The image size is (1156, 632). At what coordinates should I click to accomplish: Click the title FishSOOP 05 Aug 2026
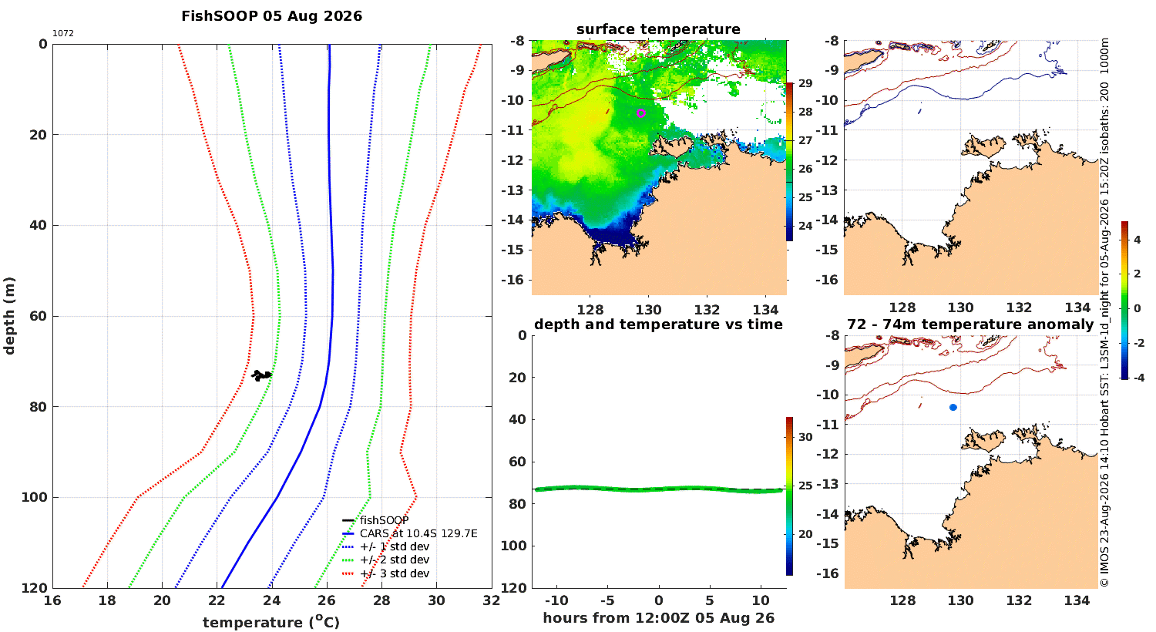[271, 16]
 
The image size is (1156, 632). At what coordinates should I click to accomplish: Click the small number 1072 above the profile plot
[63, 34]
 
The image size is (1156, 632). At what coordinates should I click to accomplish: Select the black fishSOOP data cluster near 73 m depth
[261, 375]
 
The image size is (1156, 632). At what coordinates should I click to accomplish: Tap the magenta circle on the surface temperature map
[641, 113]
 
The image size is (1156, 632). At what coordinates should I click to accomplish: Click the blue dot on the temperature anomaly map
[953, 408]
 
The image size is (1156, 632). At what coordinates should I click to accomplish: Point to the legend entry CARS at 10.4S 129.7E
[418, 533]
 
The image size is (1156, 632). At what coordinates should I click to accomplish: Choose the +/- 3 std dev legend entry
[395, 573]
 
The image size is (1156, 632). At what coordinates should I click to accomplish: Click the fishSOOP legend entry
[384, 520]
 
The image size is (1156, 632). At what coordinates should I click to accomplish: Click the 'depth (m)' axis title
[8, 316]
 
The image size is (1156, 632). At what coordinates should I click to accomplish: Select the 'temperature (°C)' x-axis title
[271, 622]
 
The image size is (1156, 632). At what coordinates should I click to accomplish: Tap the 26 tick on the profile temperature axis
[327, 600]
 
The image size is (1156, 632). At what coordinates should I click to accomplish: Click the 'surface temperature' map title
[658, 29]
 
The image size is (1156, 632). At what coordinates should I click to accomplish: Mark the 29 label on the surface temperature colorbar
[805, 83]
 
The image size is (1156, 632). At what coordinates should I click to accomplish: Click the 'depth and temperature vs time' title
[658, 324]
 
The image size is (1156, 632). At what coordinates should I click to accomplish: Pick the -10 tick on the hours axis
[556, 600]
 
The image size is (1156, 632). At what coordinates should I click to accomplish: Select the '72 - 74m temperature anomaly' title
[970, 324]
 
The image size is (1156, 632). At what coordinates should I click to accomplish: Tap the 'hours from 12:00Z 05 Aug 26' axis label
[658, 618]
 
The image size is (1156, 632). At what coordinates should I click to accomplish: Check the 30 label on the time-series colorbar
[805, 437]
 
